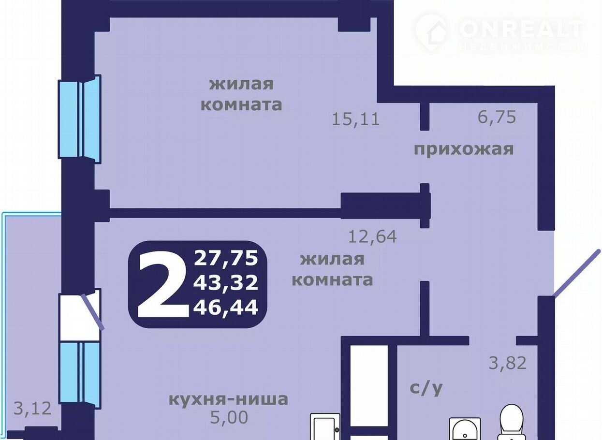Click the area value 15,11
point(355,119)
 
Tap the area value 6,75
point(497,117)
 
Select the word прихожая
point(464,149)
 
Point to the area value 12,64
point(372,236)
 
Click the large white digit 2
point(162,284)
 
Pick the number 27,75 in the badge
point(226,258)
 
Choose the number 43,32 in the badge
point(226,283)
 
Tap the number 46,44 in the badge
point(226,308)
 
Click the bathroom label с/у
point(426,388)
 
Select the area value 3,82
point(507,363)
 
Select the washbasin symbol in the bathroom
point(465,429)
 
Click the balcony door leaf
point(93,311)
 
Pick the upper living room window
point(80,119)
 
